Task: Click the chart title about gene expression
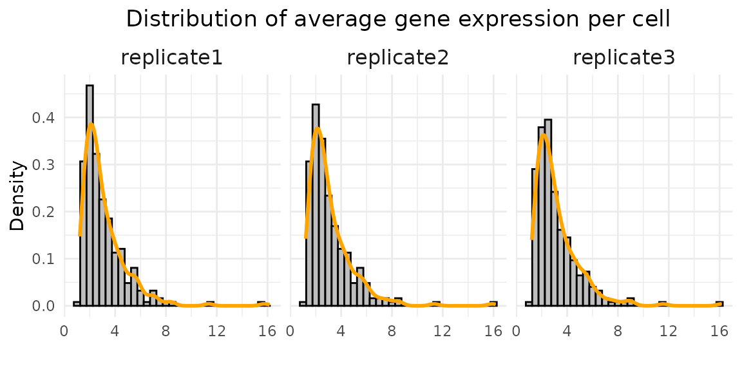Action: (x=398, y=19)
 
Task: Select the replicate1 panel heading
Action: (x=172, y=58)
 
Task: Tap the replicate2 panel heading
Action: (x=398, y=58)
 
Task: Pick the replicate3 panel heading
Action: (x=624, y=58)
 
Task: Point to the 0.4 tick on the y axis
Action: (x=43, y=118)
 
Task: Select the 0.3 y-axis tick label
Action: (x=43, y=165)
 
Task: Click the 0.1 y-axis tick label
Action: (x=43, y=259)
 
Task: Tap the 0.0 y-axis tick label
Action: (x=43, y=306)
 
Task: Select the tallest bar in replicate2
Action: (x=316, y=206)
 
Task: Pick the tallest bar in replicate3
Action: (x=548, y=213)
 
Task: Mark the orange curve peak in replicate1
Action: (x=91, y=124)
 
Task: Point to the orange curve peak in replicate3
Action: (x=544, y=135)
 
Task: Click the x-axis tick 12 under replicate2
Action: (x=442, y=332)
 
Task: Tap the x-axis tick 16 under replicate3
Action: (x=719, y=332)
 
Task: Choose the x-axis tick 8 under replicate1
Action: (x=166, y=332)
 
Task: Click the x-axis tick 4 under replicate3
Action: (x=567, y=332)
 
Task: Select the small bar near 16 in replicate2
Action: (x=493, y=303)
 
